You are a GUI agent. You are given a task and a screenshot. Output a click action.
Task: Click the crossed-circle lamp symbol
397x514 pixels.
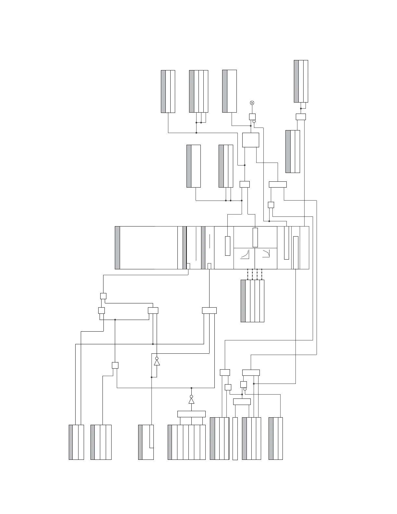tap(252, 103)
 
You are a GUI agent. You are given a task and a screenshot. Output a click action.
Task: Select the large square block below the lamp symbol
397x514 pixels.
tap(251, 140)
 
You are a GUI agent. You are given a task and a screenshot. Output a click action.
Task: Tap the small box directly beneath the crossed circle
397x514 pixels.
tap(252, 117)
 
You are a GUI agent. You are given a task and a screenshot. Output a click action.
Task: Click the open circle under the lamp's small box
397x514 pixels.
tap(254, 122)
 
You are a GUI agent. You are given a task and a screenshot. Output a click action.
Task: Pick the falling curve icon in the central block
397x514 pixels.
tap(266, 253)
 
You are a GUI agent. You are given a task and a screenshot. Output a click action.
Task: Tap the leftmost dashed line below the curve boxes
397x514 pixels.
tap(247, 274)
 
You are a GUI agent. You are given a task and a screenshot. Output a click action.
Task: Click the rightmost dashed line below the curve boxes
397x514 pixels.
tap(262, 274)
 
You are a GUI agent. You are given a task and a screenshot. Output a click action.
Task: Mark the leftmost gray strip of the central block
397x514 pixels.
tap(117, 248)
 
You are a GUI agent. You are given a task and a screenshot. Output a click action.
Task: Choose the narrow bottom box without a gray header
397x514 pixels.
tap(235, 438)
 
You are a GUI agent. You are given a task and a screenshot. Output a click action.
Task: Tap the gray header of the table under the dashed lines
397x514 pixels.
tap(243, 301)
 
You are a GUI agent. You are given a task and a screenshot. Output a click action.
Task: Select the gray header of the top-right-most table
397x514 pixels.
tap(296, 81)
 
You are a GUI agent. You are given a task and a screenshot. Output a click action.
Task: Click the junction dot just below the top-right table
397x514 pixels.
tap(301, 108)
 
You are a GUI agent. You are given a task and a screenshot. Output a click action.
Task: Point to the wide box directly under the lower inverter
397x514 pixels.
tap(191, 414)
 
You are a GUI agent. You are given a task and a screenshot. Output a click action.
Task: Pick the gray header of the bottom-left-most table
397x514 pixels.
tap(71, 442)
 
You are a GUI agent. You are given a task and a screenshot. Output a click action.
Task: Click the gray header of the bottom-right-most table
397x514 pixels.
tap(271, 438)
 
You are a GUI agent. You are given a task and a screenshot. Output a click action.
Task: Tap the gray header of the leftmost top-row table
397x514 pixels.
tap(163, 92)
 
